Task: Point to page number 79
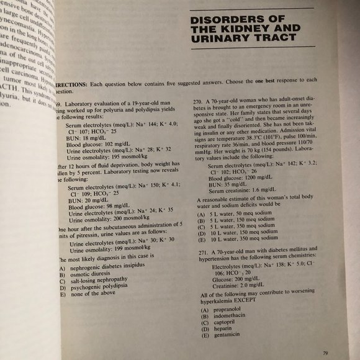pos(325,353)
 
